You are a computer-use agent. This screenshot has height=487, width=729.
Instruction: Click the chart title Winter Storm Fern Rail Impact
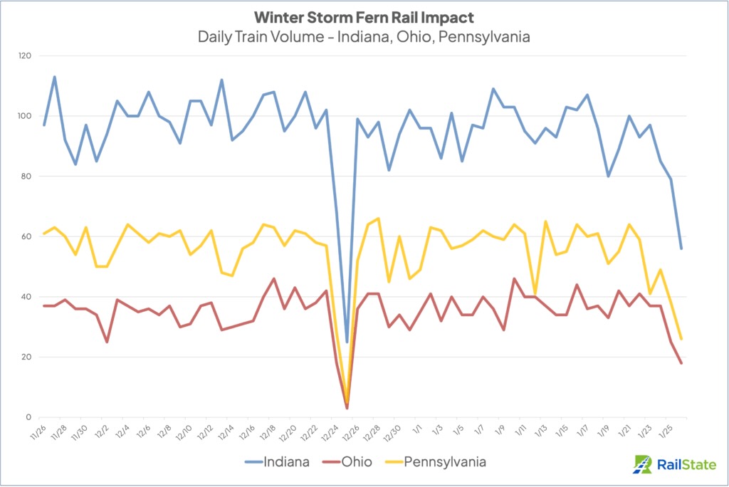click(x=364, y=16)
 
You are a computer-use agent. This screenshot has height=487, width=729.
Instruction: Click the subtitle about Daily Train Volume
click(x=364, y=36)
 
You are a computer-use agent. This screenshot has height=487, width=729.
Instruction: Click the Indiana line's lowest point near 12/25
click(x=347, y=342)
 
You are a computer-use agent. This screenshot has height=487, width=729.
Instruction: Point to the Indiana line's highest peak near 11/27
click(x=55, y=77)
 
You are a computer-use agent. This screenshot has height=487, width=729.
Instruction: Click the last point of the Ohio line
click(x=681, y=363)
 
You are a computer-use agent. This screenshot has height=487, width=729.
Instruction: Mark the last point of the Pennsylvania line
click(x=681, y=339)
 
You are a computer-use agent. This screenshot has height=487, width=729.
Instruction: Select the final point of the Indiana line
click(x=681, y=248)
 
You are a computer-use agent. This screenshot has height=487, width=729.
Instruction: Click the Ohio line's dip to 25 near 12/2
click(x=107, y=342)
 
